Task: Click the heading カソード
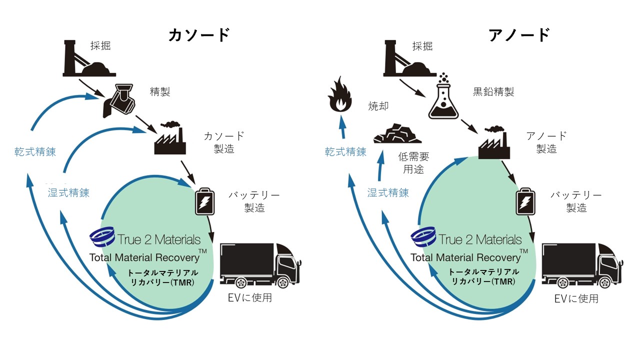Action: click(198, 35)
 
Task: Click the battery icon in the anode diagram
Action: click(525, 200)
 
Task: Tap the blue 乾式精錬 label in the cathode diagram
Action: click(35, 152)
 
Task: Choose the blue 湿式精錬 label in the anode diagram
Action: click(388, 192)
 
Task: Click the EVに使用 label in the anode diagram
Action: click(576, 298)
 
